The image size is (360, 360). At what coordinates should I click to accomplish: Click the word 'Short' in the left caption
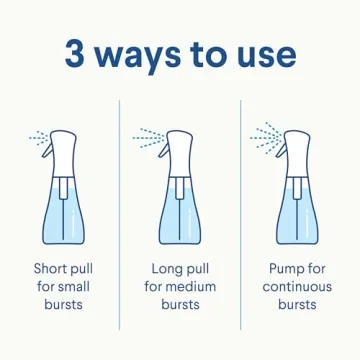tap(52, 269)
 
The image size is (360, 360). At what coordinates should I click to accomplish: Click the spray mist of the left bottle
tap(37, 137)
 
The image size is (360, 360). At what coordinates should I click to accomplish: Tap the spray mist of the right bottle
tap(264, 134)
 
